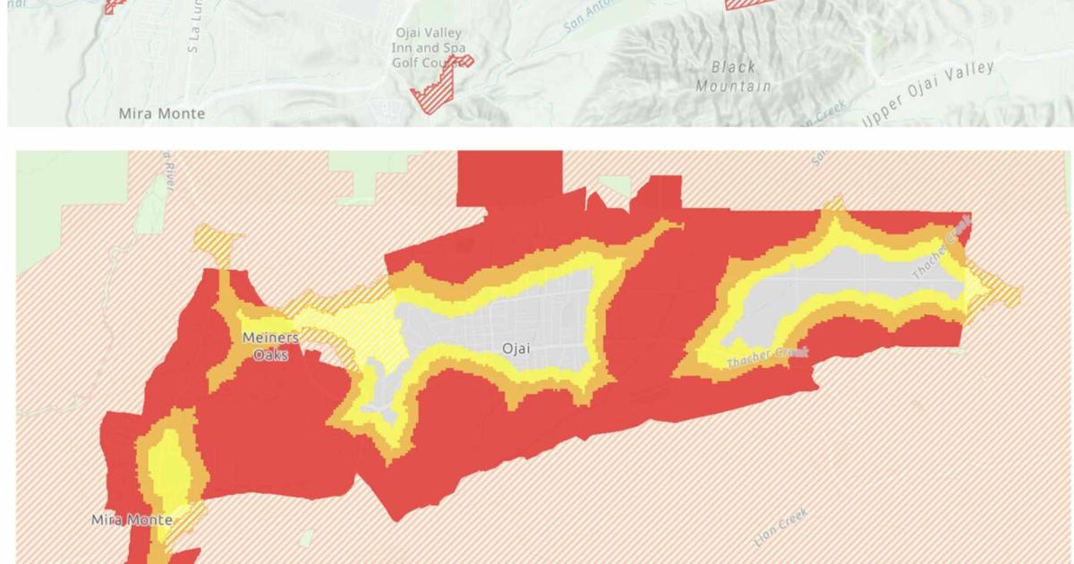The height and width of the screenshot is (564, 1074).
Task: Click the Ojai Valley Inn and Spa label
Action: point(430,39)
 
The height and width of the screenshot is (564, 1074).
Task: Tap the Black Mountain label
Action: point(733,76)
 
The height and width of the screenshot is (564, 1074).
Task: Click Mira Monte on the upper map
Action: point(162,114)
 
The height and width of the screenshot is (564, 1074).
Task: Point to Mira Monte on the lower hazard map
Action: point(132,519)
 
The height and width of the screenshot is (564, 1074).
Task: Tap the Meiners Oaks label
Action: point(270,346)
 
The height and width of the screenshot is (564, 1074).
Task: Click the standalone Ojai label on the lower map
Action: point(516,348)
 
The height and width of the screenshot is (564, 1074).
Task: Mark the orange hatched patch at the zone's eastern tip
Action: point(998,290)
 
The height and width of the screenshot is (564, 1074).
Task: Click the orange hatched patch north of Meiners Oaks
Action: point(217,242)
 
